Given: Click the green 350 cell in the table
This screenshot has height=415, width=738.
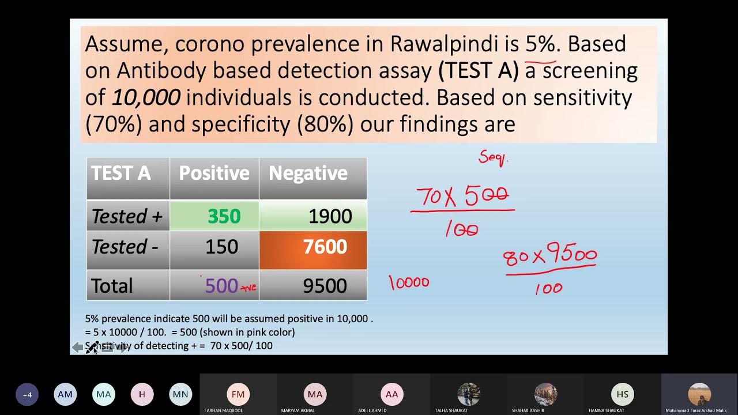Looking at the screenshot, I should point(224,216).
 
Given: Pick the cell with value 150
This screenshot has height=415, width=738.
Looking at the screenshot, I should point(221,247).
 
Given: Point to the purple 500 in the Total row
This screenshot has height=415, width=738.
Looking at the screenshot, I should point(221,286).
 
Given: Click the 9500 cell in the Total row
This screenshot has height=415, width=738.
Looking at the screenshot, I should point(325,286).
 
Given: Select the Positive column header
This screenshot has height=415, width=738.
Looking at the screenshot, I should point(214,173).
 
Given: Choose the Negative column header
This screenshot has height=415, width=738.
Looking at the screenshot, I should point(308,173).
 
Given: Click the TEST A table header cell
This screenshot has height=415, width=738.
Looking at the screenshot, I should point(121,173).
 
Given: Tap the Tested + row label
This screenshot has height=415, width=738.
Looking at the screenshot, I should point(127,216).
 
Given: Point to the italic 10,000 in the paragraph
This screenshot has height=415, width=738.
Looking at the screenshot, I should point(145,97).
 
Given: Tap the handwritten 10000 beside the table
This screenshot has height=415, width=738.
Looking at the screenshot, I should point(409,282).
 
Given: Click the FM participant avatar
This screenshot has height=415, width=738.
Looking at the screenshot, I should point(238,394).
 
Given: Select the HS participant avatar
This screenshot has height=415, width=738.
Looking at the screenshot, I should point(623,394).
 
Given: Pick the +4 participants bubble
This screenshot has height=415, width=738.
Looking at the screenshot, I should point(27,395).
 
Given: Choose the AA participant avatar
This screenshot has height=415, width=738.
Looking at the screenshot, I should point(391,394).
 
